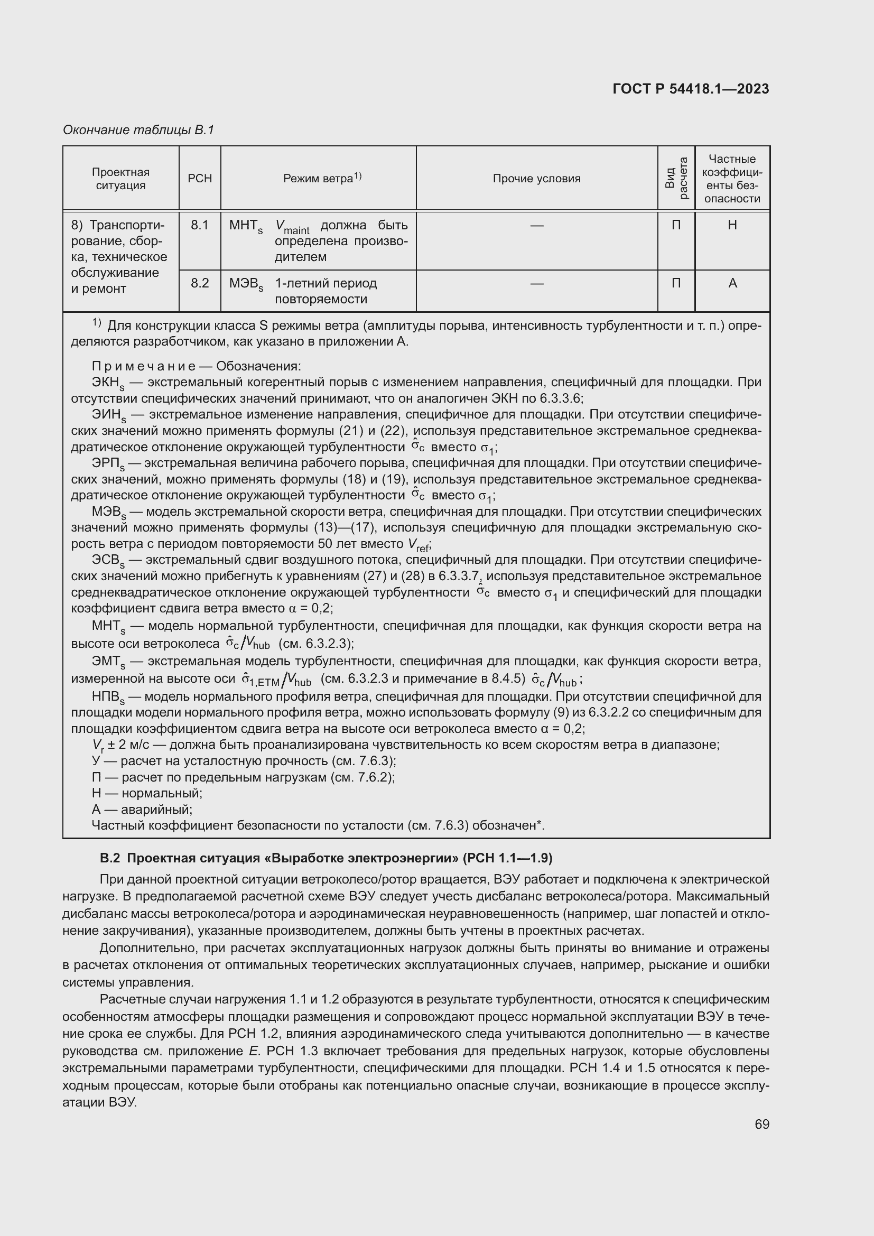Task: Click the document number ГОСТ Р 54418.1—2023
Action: click(691, 89)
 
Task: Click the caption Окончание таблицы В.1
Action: click(138, 131)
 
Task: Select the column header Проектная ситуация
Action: click(120, 179)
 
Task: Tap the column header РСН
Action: click(200, 179)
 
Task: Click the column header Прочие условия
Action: click(536, 179)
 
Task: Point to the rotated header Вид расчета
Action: click(676, 178)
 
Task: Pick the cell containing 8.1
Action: click(200, 225)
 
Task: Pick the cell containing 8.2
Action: click(200, 283)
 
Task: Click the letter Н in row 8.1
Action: click(732, 225)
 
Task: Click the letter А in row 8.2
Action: click(732, 283)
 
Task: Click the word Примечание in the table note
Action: click(143, 367)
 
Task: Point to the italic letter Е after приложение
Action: click(252, 1052)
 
